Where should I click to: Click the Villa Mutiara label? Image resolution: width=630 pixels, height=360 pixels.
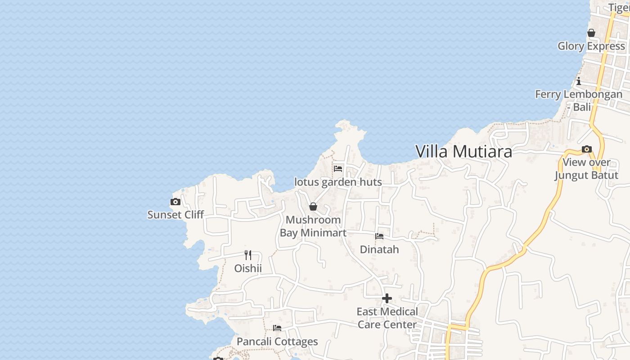463,152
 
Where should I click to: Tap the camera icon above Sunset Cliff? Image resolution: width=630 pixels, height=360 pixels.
175,202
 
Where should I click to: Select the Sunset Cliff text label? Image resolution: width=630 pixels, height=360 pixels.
175,215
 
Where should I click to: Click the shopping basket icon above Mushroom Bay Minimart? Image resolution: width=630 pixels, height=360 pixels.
313,207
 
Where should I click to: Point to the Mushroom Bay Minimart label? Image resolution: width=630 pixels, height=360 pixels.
313,226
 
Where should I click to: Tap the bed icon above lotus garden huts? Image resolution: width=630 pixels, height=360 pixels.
338,169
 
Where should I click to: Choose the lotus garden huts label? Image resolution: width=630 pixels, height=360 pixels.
338,182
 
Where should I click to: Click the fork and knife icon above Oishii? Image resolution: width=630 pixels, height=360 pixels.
248,255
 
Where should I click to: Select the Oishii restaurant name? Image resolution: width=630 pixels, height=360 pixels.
248,269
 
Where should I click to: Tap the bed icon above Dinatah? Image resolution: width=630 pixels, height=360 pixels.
379,236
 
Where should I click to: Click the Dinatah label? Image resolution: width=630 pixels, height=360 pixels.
379,249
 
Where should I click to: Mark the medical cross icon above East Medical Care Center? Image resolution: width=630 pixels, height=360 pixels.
387,298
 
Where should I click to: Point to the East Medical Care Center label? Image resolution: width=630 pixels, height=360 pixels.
387,318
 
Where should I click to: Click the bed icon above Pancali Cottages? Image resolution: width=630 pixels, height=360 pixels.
277,328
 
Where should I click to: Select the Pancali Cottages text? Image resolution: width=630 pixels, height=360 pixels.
277,342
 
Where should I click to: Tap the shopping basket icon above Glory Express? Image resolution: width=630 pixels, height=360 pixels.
591,33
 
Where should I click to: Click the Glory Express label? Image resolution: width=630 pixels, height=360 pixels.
591,46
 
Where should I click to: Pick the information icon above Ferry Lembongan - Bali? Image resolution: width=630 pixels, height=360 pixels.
579,81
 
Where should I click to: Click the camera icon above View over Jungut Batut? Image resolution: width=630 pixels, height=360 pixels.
586,149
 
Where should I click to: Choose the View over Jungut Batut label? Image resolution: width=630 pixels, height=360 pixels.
586,169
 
